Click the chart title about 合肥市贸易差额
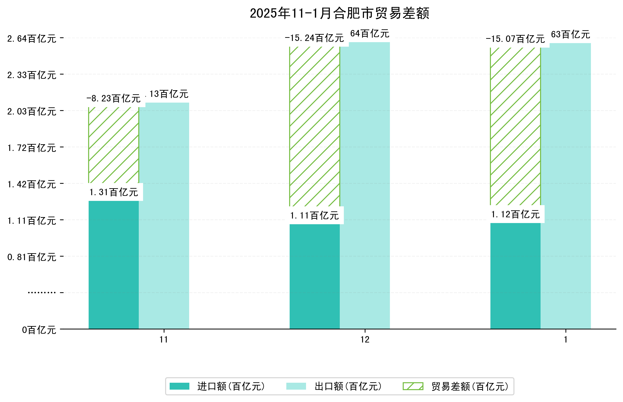(x=339, y=13)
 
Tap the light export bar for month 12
(x=365, y=185)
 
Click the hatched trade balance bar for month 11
(x=114, y=145)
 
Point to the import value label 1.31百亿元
(x=114, y=192)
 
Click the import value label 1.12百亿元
(x=515, y=215)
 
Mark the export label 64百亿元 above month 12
(x=369, y=34)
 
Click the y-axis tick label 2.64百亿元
(x=32, y=39)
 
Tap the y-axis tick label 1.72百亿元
(x=32, y=148)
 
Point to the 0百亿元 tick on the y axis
(x=39, y=330)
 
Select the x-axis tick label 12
(x=365, y=340)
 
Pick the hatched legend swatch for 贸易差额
(x=413, y=386)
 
